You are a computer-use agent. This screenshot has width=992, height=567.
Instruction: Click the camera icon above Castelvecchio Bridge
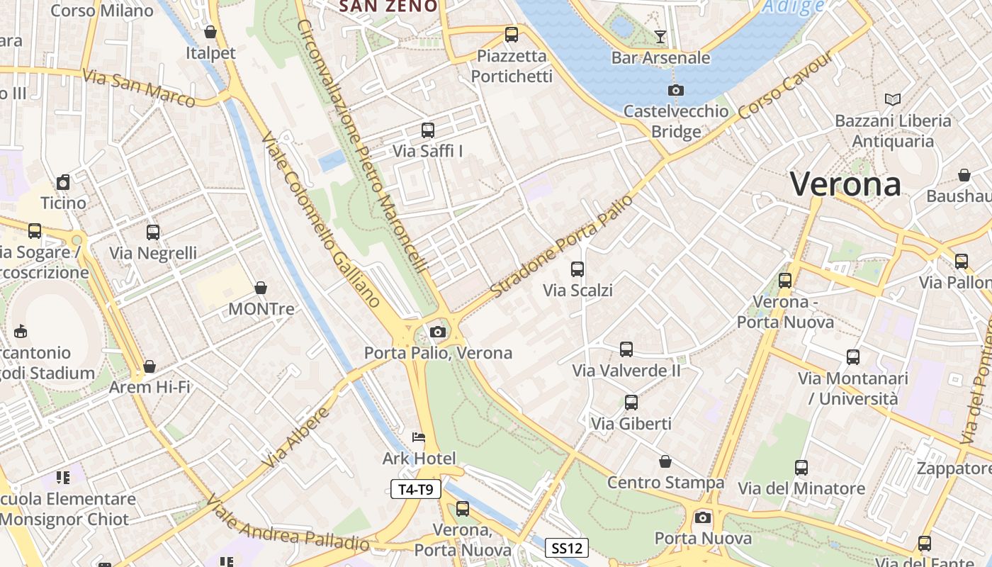click(676, 90)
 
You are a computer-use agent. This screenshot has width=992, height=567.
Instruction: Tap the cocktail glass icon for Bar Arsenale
click(660, 36)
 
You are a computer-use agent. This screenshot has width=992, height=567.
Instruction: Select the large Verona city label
click(845, 184)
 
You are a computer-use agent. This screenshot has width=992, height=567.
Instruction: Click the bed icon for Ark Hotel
click(419, 437)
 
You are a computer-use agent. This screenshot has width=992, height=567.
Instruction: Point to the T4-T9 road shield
click(416, 488)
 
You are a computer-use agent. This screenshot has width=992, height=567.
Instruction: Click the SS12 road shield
click(567, 548)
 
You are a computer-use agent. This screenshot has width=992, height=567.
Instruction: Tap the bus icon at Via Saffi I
click(427, 130)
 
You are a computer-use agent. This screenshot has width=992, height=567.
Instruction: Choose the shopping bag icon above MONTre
click(261, 288)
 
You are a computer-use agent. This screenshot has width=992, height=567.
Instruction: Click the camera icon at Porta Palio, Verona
click(437, 332)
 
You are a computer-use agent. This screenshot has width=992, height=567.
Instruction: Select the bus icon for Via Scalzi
click(577, 269)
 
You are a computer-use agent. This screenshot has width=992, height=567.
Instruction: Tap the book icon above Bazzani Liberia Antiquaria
click(892, 99)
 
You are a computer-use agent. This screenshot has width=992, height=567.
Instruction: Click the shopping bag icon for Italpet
click(210, 32)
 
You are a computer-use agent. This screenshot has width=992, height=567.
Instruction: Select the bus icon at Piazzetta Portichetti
click(511, 34)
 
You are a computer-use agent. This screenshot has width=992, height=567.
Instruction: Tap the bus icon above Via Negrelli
click(153, 232)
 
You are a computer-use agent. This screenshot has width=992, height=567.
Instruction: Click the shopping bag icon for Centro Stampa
click(665, 462)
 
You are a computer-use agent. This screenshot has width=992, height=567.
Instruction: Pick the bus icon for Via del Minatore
click(801, 468)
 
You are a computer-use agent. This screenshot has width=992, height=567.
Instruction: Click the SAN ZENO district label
click(388, 6)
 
